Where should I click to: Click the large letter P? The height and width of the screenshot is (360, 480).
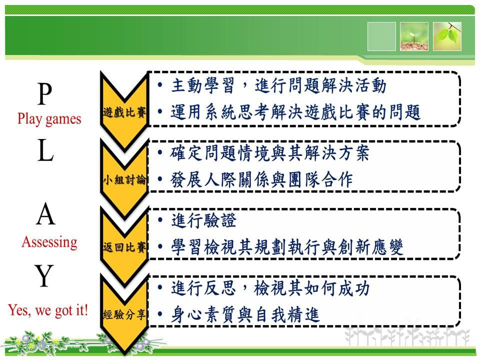45,93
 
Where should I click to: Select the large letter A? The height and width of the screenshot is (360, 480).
45,214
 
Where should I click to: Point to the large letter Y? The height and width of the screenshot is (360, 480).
44,275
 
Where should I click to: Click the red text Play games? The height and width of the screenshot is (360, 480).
49,119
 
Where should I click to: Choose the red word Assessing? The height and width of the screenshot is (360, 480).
49,242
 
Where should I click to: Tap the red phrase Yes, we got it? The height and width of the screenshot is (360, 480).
48,310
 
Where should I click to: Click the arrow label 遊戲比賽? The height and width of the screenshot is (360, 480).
124,112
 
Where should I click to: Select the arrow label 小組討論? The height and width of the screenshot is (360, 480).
124,179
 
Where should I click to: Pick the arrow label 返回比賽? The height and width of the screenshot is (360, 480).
124,246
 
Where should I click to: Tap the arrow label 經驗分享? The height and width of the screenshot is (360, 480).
124,314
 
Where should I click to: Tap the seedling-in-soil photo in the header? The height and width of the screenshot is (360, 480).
414,36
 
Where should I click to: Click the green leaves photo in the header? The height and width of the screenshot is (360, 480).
447,36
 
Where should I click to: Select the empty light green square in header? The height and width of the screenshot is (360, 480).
381,36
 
